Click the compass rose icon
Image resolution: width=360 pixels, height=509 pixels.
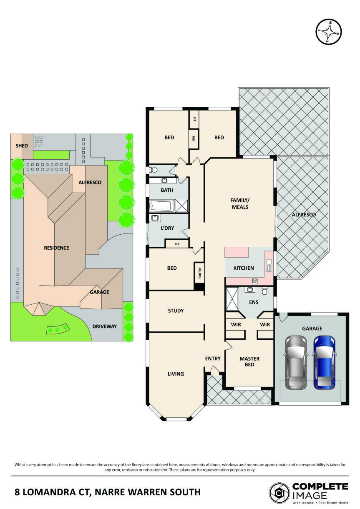[x=329, y=31]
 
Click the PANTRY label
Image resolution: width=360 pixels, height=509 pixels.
[x=199, y=273]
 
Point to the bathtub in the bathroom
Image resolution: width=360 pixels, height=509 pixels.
[x=162, y=206]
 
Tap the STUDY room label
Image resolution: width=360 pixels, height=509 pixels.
[x=176, y=311]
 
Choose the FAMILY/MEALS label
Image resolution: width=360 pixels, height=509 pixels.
[x=240, y=203]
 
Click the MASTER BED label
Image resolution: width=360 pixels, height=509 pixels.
[x=249, y=361]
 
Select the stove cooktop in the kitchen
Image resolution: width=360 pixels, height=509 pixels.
[x=255, y=281]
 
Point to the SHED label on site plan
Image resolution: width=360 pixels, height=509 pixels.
[x=22, y=146]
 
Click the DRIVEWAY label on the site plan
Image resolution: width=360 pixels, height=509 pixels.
[x=105, y=326]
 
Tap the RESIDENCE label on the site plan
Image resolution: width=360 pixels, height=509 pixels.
[x=56, y=248]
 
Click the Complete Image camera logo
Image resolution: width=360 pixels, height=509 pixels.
[x=279, y=492]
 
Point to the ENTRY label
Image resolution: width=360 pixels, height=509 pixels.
[x=213, y=359]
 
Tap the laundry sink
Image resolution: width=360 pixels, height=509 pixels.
[x=155, y=218]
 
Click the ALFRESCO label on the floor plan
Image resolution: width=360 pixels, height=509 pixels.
[x=303, y=215]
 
